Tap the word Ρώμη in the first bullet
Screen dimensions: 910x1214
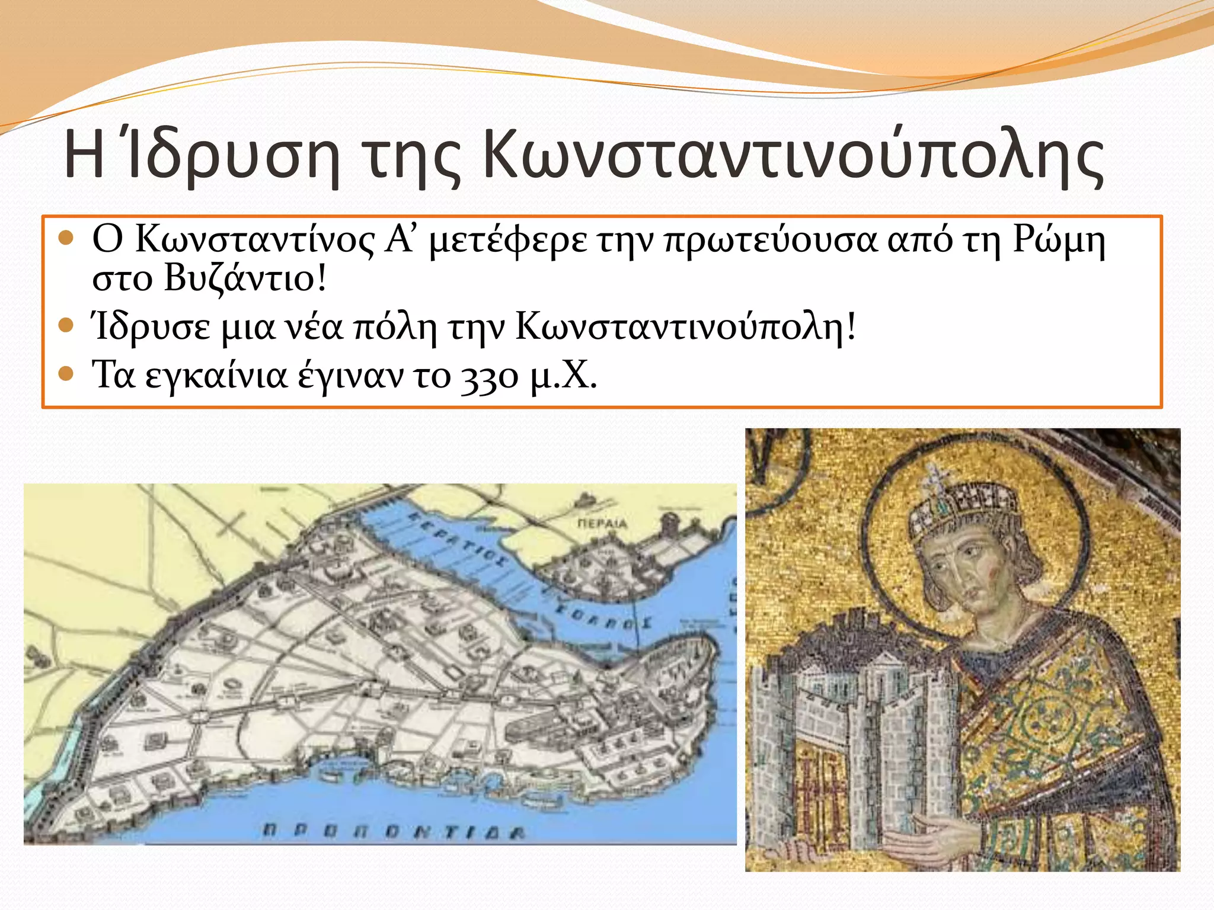(x=1059, y=240)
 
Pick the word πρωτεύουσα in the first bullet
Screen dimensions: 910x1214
(x=770, y=241)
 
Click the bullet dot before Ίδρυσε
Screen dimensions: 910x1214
(x=66, y=325)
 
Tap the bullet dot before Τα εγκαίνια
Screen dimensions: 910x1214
(x=66, y=374)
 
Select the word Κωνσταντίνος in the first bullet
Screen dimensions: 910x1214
(x=255, y=240)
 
